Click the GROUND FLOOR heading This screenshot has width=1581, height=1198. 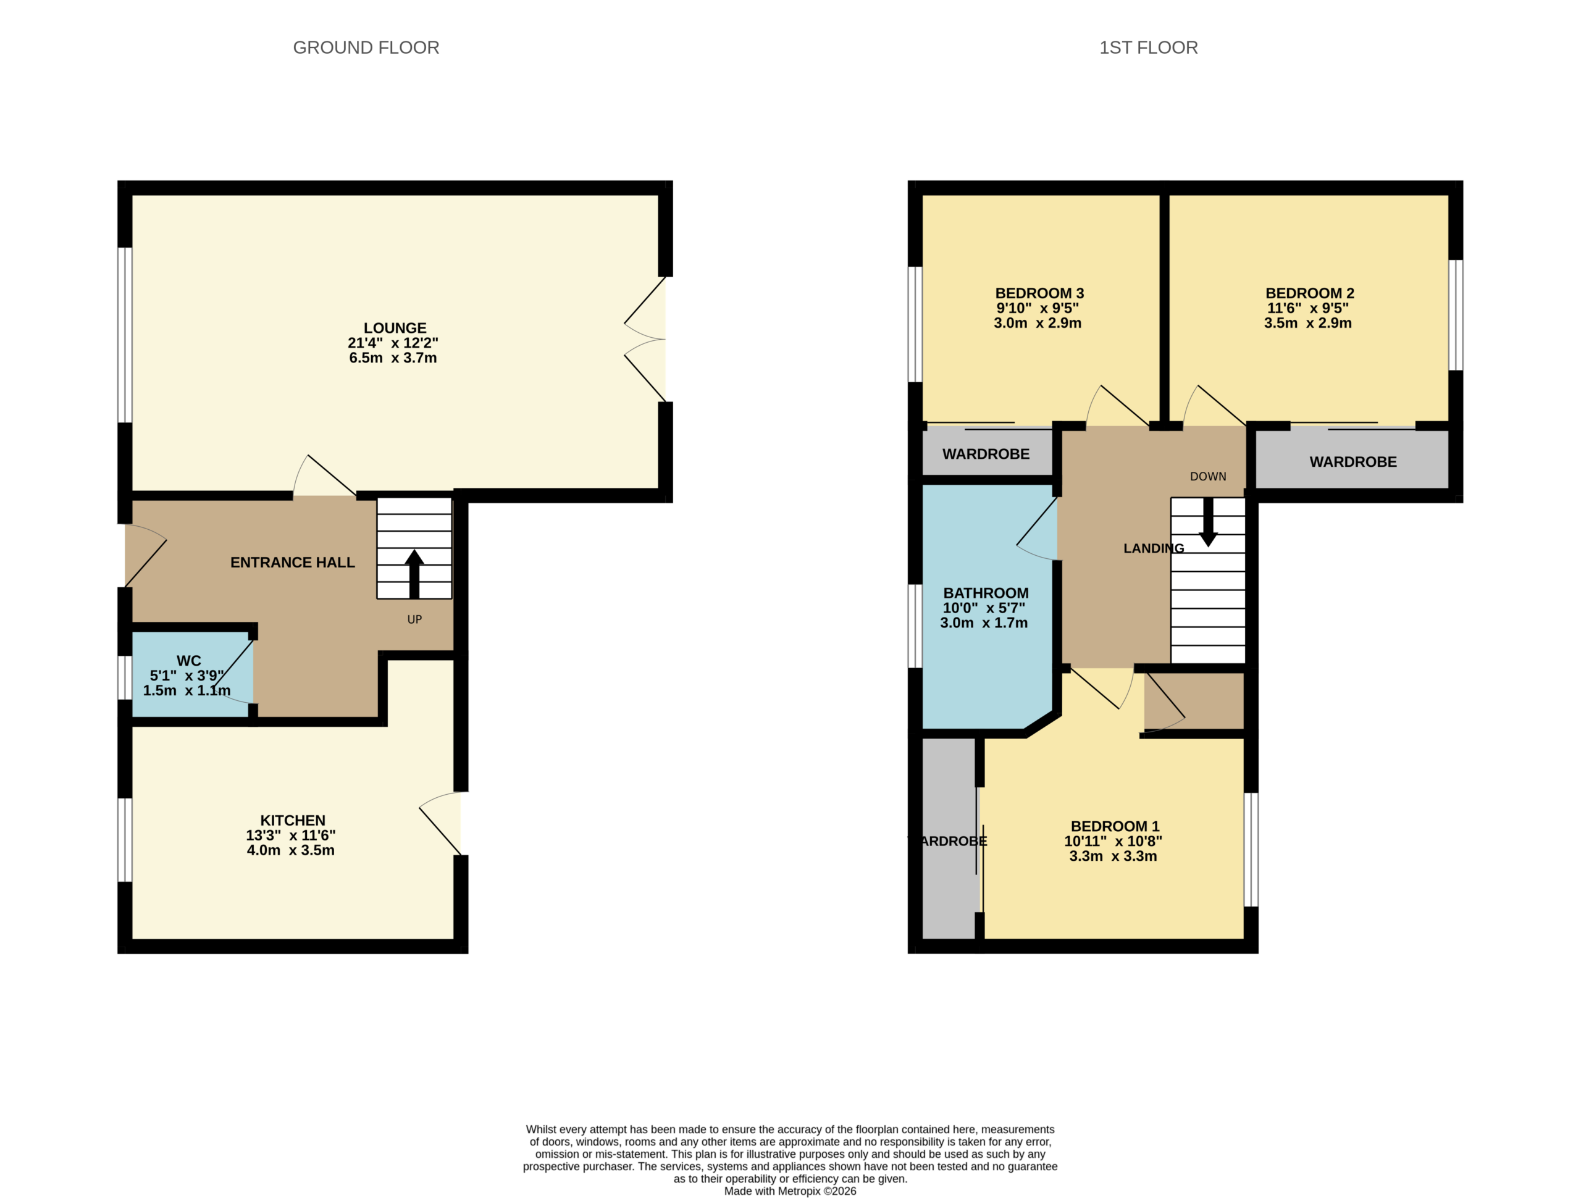366,48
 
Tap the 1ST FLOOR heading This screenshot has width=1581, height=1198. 1148,48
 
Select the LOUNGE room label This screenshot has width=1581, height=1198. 395,328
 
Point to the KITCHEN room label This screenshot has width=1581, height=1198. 292,821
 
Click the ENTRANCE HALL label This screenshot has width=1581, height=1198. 292,563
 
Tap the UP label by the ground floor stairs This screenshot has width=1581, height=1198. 414,620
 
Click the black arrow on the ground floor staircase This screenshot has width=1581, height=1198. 414,573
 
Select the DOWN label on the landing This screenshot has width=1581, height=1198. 1208,477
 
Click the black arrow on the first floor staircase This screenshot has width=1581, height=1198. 1208,522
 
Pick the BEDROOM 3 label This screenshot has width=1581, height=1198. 1039,293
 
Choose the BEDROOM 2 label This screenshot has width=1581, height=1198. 1309,293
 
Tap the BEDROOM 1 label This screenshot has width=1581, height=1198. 1114,826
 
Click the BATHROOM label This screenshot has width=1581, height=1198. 986,593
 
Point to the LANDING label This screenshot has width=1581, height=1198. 1154,548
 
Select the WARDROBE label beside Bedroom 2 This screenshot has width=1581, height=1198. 1353,462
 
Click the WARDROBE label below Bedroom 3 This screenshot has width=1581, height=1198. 986,454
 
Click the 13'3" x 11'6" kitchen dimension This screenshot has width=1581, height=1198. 290,836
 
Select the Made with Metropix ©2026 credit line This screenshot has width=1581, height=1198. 790,1191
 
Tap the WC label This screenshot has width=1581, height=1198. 189,661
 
